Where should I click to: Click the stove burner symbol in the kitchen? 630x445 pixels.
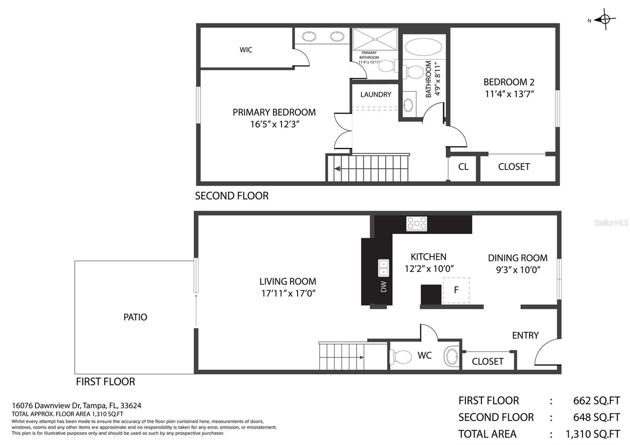pos(417,223)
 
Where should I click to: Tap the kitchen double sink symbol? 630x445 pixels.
pos(384,268)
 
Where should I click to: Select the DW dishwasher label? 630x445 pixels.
pos(384,287)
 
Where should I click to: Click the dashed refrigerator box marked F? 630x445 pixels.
pos(456,290)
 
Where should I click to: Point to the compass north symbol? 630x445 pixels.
pos(605,19)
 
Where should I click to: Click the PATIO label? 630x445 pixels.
pos(135,317)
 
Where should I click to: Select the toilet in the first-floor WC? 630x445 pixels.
pos(401,357)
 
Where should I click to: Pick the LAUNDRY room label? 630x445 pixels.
pos(376,95)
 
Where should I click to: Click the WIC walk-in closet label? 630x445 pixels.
pos(246,50)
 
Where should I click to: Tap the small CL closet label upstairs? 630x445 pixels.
pos(463,167)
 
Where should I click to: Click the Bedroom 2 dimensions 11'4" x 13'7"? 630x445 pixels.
pos(509,94)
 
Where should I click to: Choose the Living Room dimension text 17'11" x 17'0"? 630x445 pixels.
pos(288,293)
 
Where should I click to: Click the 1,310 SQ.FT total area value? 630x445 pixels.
pos(593,434)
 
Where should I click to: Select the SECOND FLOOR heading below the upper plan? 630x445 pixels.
pos(232,196)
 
